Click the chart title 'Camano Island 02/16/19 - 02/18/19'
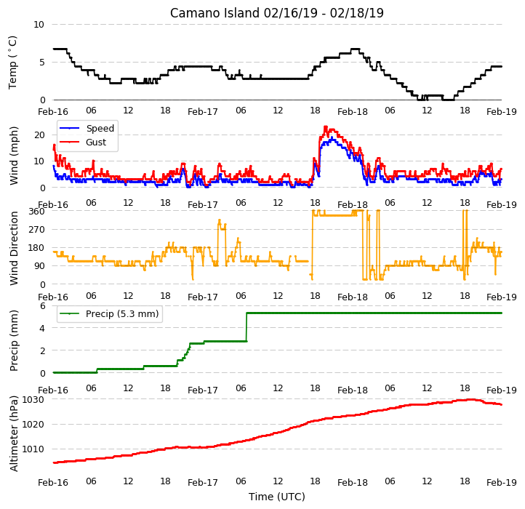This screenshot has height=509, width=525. click(x=276, y=13)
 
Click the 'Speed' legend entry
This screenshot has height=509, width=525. click(x=100, y=128)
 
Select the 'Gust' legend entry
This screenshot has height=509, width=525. click(x=96, y=142)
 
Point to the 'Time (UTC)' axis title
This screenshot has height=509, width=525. click(x=276, y=497)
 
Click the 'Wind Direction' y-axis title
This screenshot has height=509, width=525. click(x=14, y=248)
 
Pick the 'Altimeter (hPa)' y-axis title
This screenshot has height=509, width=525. click(x=14, y=433)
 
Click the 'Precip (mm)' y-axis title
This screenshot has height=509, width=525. click(x=14, y=340)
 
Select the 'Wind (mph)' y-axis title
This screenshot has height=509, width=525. click(x=14, y=156)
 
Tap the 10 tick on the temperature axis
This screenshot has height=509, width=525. click(x=39, y=25)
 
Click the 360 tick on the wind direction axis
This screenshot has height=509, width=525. click(x=36, y=212)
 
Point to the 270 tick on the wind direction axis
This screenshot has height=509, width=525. click(x=36, y=230)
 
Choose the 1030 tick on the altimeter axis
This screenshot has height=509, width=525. click(x=33, y=399)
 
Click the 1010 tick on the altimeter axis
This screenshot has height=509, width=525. click(x=33, y=449)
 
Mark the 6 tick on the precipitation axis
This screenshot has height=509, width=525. click(x=42, y=305)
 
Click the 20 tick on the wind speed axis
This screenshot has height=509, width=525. click(x=39, y=135)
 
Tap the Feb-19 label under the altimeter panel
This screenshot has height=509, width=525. click(x=502, y=483)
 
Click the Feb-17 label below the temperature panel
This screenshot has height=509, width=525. click(x=203, y=112)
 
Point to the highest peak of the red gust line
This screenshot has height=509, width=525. click(x=326, y=127)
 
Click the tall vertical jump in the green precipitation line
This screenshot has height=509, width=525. click(x=247, y=327)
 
